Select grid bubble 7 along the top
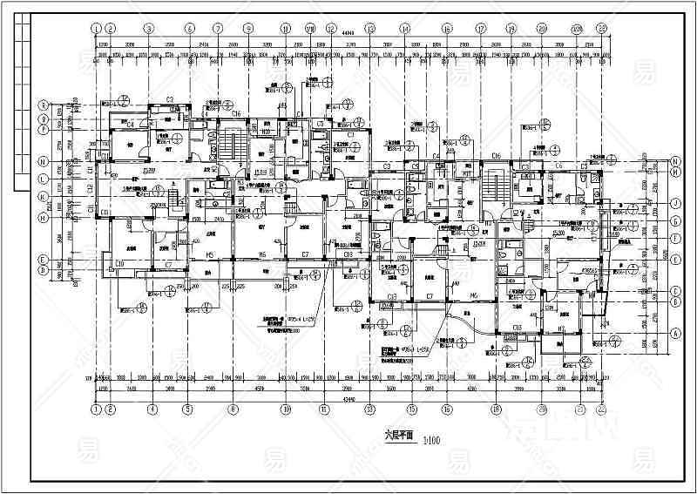(218, 29)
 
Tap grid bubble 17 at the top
(480, 29)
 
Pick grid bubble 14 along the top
(405, 29)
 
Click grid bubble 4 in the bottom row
(152, 408)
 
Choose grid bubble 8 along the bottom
(233, 408)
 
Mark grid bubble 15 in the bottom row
(410, 408)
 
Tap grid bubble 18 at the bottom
(495, 408)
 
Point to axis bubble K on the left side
(42, 196)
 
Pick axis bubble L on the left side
(42, 179)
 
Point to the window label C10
(119, 263)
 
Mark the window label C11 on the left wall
(104, 212)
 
